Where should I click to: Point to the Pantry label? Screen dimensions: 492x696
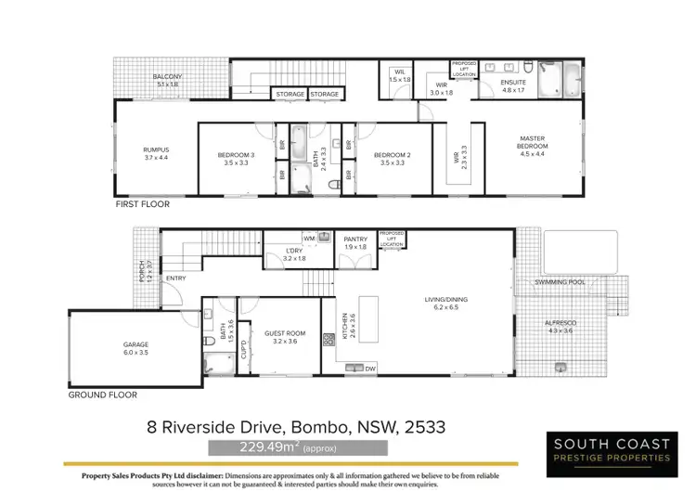coord(355,243)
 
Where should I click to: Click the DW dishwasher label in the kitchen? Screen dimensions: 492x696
coord(370,369)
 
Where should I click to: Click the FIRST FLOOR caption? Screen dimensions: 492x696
coord(142,204)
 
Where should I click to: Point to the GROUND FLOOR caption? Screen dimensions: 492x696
coord(103,395)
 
